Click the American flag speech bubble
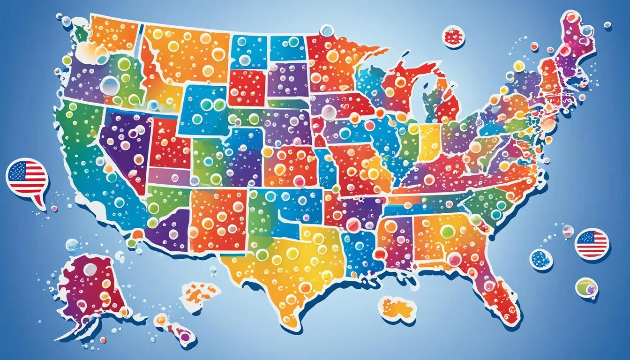[x=27, y=178]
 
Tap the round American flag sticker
[x=592, y=244]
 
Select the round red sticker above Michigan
[x=453, y=37]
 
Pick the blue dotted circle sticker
[x=541, y=259]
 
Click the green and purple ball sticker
[x=586, y=287]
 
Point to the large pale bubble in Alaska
[x=90, y=269]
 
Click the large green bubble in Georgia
[x=447, y=231]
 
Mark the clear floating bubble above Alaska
[x=72, y=245]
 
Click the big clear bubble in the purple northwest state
[x=110, y=84]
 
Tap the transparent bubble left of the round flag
[x=568, y=231]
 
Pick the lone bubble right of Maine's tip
[x=607, y=24]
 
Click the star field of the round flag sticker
[x=585, y=238]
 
